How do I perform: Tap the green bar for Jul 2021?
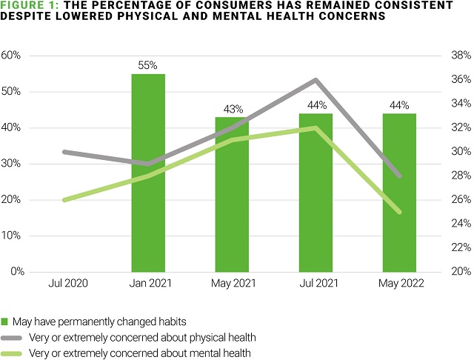click(x=316, y=193)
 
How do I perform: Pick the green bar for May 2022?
click(x=399, y=193)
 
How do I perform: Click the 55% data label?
click(x=148, y=65)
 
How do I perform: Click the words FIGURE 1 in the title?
click(x=25, y=6)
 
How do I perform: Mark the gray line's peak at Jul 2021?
click(x=316, y=80)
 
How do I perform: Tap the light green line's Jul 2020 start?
click(x=64, y=200)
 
